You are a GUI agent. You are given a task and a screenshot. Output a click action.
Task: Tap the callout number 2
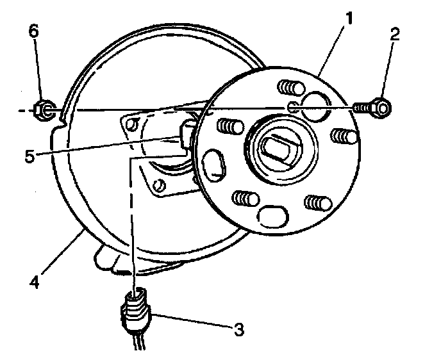tap(394, 35)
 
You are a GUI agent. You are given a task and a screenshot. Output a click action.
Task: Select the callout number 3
tap(239, 329)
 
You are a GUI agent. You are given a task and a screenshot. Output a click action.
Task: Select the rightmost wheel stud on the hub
tap(346, 136)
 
